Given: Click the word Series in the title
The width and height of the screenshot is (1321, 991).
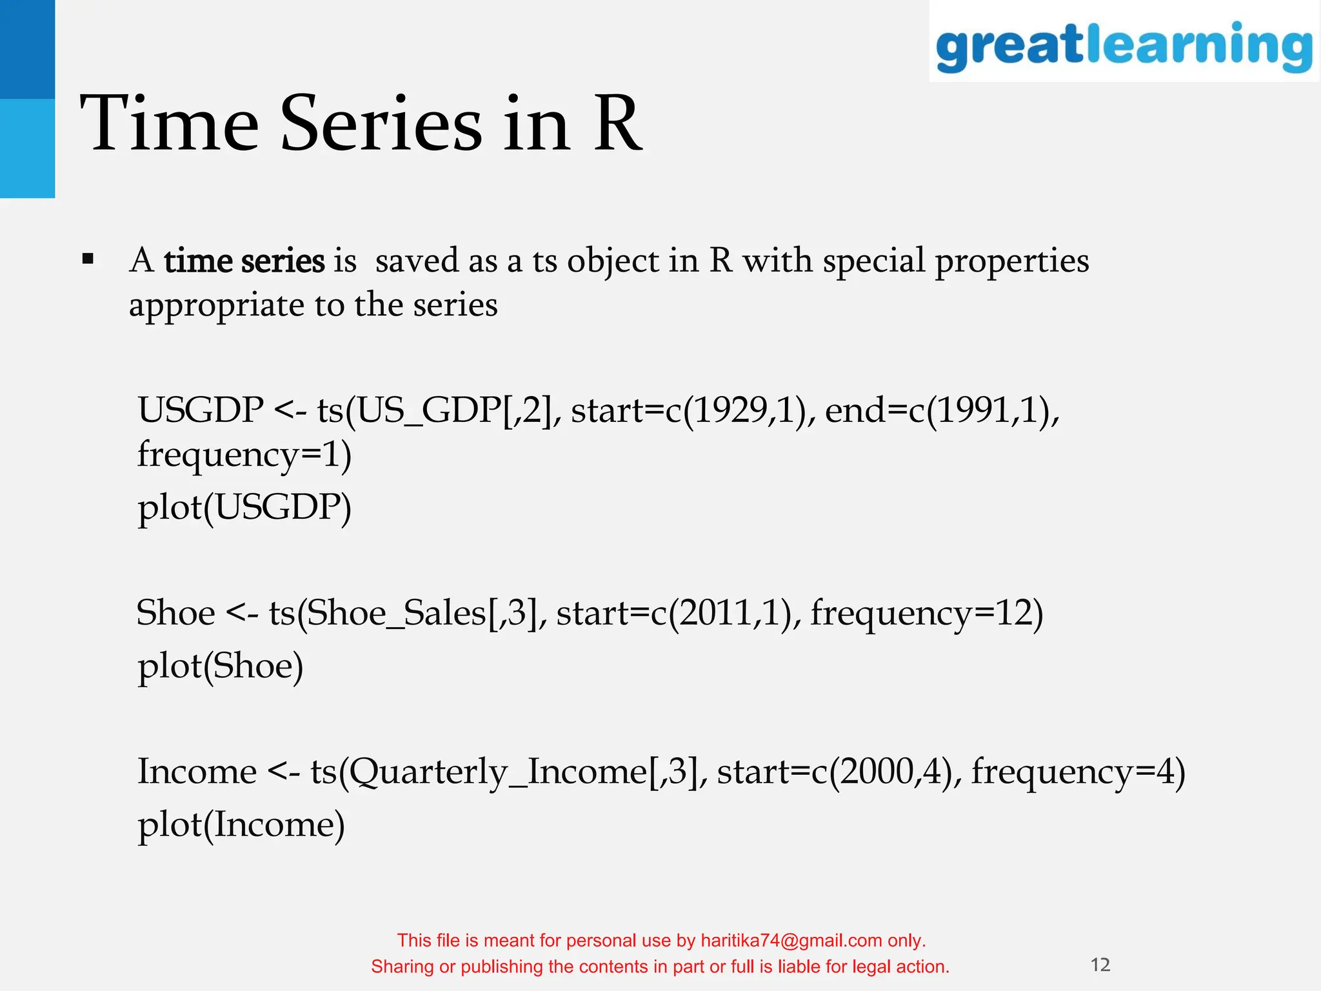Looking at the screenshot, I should [x=381, y=124].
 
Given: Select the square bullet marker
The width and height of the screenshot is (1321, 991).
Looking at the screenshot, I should [x=88, y=261].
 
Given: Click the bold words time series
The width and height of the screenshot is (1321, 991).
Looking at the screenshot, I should [x=244, y=262].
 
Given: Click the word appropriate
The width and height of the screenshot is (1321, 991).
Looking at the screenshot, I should [x=216, y=306].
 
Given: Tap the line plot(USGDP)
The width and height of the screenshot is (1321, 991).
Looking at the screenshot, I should [x=244, y=508].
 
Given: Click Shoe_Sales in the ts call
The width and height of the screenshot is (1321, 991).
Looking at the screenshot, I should [x=396, y=613].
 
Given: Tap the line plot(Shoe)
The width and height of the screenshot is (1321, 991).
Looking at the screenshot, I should [x=220, y=666].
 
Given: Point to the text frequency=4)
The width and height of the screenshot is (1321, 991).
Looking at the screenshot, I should [x=1078, y=772].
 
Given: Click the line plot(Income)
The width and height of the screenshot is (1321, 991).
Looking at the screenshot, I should [x=241, y=825].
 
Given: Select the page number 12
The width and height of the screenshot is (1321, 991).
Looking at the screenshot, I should [x=1100, y=965].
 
